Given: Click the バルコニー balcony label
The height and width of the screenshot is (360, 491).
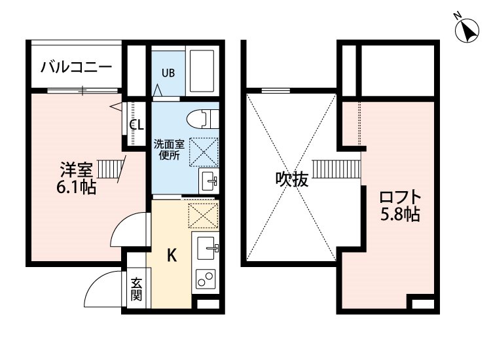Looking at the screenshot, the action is [x=76, y=67].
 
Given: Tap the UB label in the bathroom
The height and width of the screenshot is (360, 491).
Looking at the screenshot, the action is [x=168, y=73].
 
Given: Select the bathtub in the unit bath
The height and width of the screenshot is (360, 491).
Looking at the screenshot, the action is [x=202, y=71].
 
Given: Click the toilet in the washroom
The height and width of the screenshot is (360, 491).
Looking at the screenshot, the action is [x=202, y=119].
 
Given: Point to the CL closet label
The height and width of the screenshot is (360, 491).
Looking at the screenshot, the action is [x=137, y=125].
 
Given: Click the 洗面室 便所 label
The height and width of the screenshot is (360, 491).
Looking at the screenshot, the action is [x=169, y=150].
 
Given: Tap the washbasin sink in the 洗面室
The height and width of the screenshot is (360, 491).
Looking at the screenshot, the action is [x=209, y=181].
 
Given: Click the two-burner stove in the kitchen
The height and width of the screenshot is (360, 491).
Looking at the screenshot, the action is [x=206, y=279].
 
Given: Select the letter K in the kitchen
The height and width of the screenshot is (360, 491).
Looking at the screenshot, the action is [x=172, y=255].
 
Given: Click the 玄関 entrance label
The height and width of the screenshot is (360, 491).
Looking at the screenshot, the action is [x=136, y=289].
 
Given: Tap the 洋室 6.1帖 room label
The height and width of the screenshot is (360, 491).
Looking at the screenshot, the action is [x=76, y=179].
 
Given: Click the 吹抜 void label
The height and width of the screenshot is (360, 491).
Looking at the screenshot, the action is [x=291, y=179].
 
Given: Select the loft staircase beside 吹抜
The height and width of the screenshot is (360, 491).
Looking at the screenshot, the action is [x=337, y=169].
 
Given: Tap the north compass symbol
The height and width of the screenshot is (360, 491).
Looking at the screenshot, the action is [x=467, y=30].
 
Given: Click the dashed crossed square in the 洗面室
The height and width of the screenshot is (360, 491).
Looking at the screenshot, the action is [x=204, y=152].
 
